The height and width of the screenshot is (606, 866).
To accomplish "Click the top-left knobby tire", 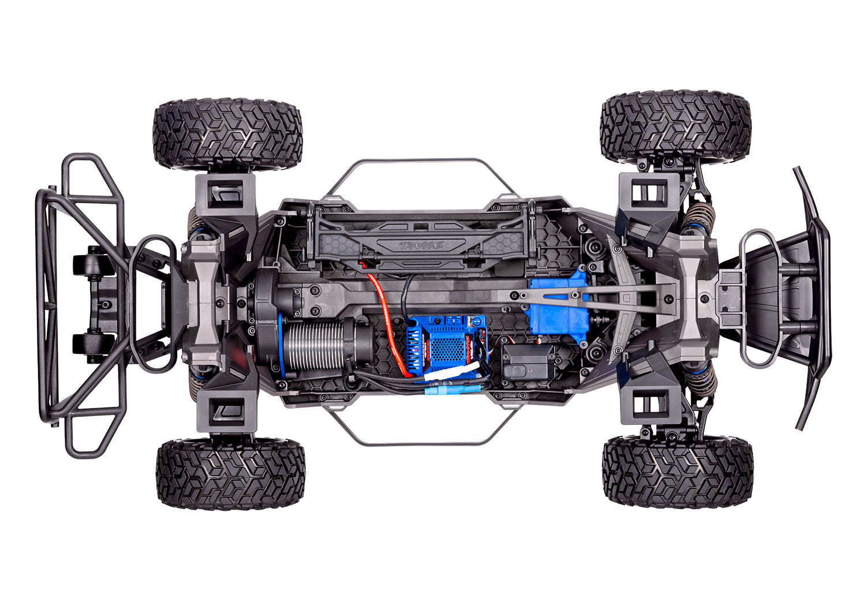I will [x=227, y=134].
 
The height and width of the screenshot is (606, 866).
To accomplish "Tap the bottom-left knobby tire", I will [x=230, y=473].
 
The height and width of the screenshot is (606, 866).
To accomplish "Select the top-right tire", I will [x=675, y=127].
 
